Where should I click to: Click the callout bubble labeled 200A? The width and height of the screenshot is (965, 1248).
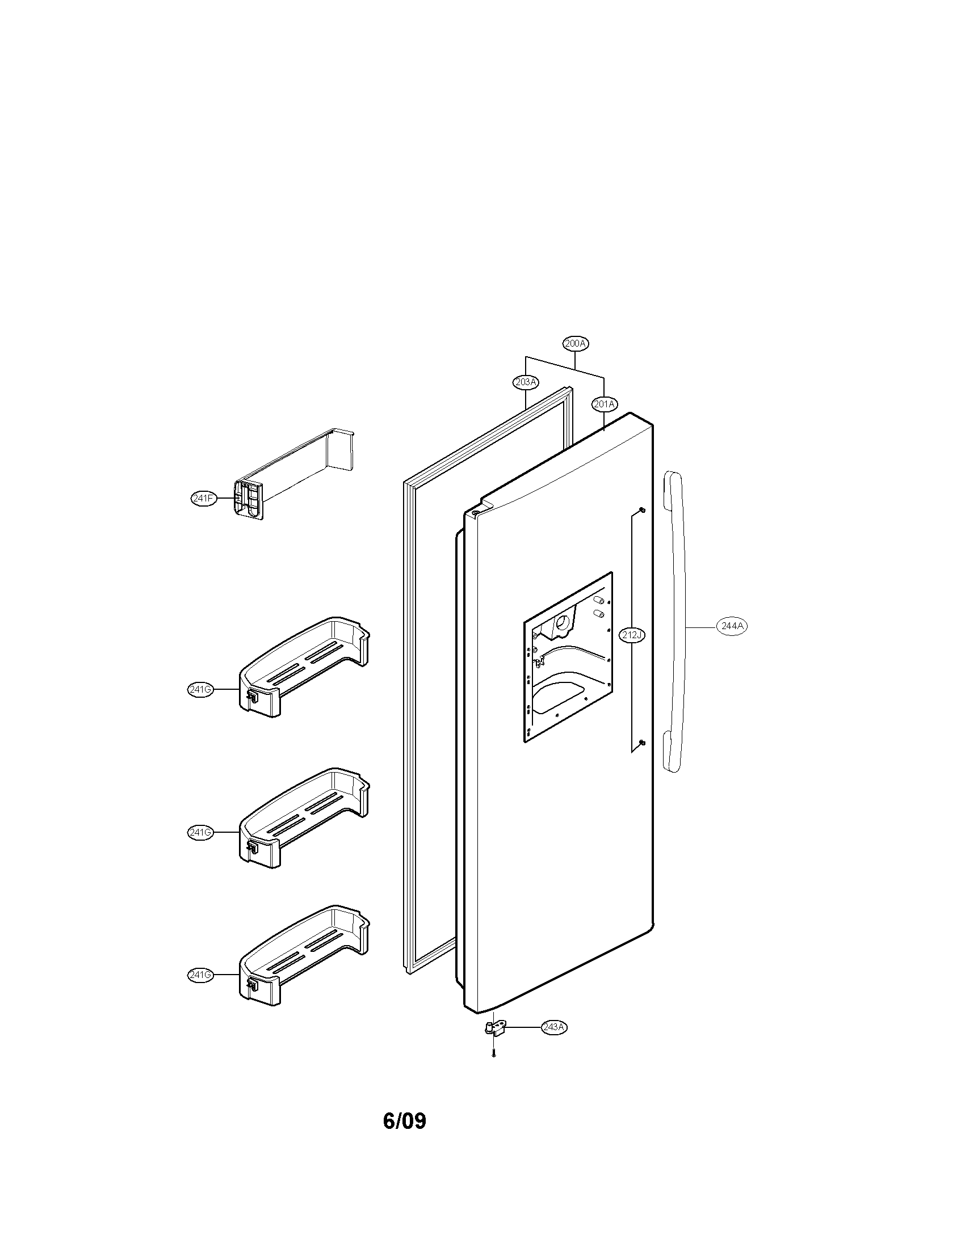pyautogui.click(x=576, y=343)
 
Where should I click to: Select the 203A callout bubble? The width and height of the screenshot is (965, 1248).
pyautogui.click(x=526, y=382)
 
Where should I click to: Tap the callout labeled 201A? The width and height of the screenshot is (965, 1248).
pyautogui.click(x=605, y=404)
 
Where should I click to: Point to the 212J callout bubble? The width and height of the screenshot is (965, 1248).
pyautogui.click(x=632, y=635)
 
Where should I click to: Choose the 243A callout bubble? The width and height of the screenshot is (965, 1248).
pyautogui.click(x=555, y=1027)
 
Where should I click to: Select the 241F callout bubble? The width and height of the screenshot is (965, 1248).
pyautogui.click(x=204, y=498)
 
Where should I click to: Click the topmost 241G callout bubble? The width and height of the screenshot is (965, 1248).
pyautogui.click(x=200, y=689)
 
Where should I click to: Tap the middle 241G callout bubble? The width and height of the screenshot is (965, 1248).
pyautogui.click(x=200, y=832)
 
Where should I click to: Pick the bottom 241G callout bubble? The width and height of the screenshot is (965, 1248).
pyautogui.click(x=200, y=975)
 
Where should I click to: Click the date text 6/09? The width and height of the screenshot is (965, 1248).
pyautogui.click(x=404, y=1120)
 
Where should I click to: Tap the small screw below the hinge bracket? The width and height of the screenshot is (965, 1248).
pyautogui.click(x=493, y=1055)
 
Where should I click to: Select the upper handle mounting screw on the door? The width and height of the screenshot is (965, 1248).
pyautogui.click(x=642, y=510)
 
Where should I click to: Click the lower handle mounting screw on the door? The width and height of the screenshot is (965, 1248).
pyautogui.click(x=642, y=743)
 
